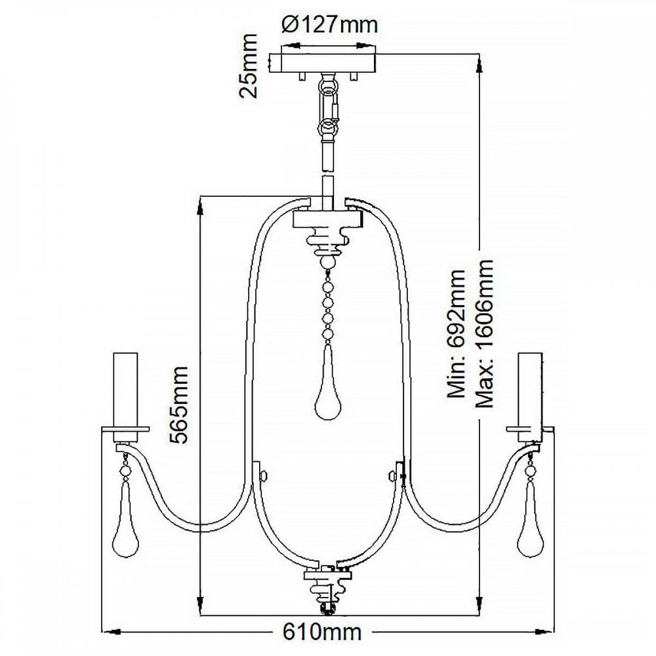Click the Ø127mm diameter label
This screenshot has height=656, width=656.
coord(330,25)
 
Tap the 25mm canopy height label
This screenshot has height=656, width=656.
coord(248,66)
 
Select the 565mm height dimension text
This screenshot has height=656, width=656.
coord(178,405)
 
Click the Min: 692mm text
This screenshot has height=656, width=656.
coord(457,333)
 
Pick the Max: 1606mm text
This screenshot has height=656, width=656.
coord(484,333)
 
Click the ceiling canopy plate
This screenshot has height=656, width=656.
coord(323,63)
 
